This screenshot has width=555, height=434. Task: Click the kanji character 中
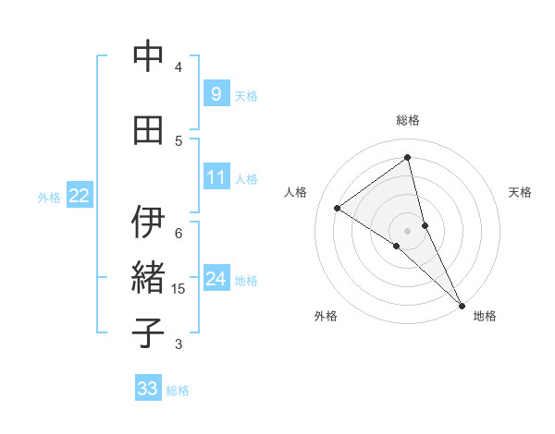[148, 56]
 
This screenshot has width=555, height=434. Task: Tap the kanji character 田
[148, 130]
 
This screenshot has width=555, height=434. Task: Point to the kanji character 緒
[148, 278]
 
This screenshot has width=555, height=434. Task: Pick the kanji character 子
[148, 333]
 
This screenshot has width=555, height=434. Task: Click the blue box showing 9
[216, 94]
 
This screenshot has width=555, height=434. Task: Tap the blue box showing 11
[216, 177]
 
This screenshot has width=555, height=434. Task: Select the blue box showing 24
[216, 279]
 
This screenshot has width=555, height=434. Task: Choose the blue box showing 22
[80, 196]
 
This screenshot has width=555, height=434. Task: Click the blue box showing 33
[148, 389]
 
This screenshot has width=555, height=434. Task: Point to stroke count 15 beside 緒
[179, 289]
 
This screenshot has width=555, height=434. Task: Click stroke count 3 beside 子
[179, 344]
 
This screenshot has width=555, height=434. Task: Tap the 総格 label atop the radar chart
[407, 120]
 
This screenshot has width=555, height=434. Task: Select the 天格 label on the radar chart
[521, 192]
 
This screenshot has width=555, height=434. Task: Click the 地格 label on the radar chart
[485, 316]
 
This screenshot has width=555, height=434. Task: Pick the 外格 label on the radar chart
[326, 316]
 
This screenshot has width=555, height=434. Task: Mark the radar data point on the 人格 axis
[337, 208]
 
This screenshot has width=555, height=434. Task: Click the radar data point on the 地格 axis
[461, 304]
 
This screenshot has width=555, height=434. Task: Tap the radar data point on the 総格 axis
[407, 157]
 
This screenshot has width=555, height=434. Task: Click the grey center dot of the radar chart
[407, 230]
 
